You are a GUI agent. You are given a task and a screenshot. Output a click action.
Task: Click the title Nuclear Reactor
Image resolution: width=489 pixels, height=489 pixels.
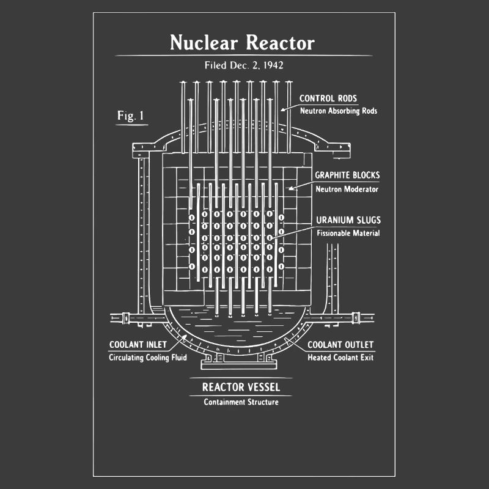coord(242,43)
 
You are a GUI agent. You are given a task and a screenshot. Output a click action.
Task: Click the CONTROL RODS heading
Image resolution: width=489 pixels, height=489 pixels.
coord(328,98)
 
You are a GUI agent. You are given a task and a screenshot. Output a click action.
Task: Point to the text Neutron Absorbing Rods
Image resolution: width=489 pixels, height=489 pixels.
coord(338,111)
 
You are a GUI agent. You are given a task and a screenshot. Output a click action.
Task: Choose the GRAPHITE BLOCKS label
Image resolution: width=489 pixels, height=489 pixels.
coord(347,175)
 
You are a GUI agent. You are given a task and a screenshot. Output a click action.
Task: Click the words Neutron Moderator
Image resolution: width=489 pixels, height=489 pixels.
coord(347,189)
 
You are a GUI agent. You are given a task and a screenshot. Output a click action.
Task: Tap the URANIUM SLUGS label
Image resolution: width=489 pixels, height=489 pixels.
coord(348,220)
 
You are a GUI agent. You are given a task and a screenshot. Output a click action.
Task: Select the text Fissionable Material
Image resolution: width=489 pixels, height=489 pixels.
coord(348,233)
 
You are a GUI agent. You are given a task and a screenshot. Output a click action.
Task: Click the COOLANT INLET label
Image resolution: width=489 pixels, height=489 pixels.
coord(138,345)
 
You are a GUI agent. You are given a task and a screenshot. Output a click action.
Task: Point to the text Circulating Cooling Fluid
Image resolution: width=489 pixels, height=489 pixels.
coord(148,358)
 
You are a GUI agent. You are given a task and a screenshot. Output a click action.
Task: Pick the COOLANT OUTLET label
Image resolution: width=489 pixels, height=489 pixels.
coord(340,345)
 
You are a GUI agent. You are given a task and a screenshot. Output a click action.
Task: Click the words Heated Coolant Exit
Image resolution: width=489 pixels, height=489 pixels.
coord(340,358)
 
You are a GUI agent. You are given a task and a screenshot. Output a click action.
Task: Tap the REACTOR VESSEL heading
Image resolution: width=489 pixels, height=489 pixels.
coord(241,387)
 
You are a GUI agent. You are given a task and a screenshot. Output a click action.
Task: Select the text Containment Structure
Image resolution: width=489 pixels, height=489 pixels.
coord(241,402)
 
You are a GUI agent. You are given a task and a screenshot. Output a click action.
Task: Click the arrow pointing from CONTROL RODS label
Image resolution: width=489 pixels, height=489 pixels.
coord(289,107)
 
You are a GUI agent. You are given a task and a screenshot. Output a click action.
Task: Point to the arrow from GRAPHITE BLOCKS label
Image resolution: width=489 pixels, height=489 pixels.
coord(300,185)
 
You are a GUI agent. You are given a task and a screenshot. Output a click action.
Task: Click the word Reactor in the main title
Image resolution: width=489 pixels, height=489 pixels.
coord(280,43)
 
